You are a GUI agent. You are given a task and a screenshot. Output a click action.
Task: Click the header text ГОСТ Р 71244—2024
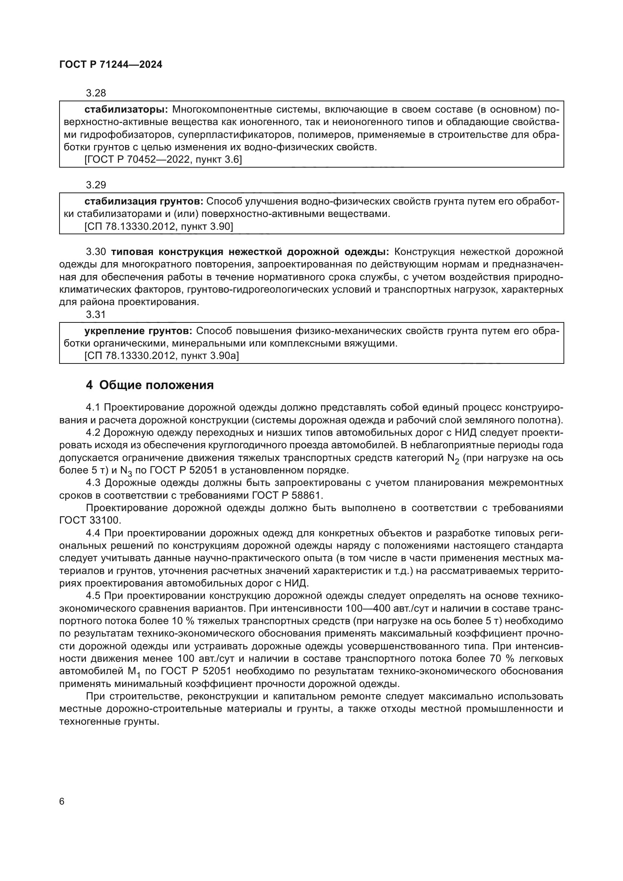coord(111,65)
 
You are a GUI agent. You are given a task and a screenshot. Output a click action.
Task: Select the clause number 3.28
coord(96,93)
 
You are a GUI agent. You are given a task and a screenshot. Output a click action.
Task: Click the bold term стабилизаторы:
coord(126,110)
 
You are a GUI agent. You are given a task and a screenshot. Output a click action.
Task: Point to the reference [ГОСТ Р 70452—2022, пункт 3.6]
coord(163,160)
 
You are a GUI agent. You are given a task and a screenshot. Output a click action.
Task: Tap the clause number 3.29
coord(96,185)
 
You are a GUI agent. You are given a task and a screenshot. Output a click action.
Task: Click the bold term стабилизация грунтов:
coord(144,202)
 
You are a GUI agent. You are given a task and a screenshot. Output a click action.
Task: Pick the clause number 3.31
coord(96,315)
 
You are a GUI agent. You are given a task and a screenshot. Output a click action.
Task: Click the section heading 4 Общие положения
coord(150,385)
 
